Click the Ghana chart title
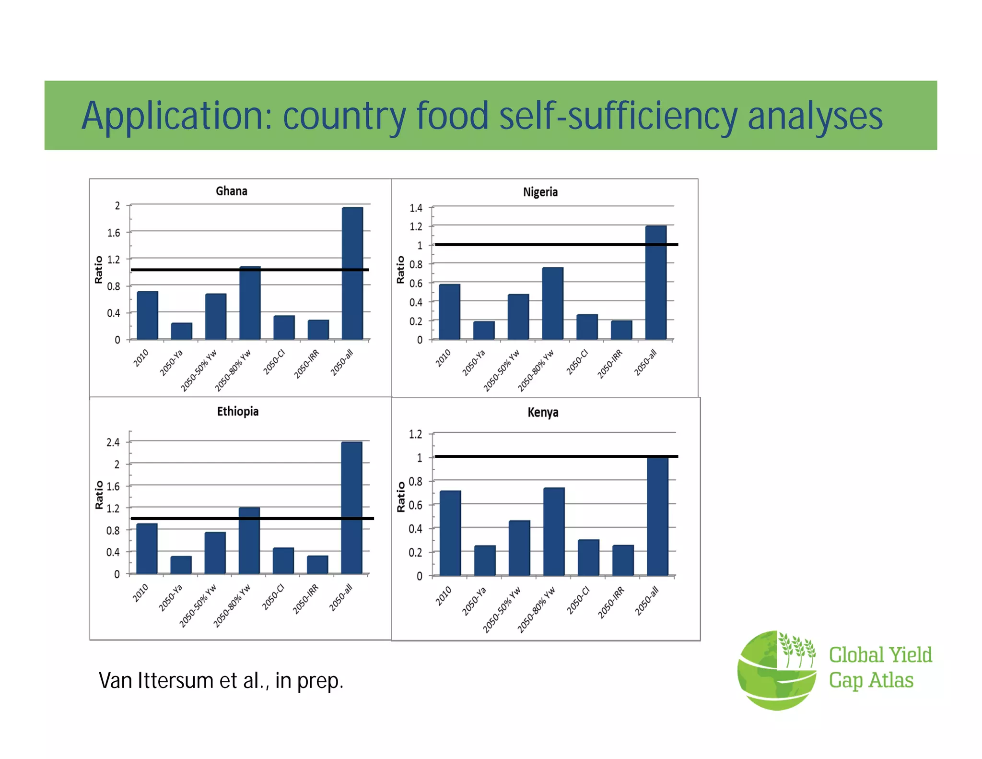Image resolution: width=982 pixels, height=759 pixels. (x=232, y=191)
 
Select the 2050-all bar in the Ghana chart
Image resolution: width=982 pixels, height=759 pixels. (x=352, y=273)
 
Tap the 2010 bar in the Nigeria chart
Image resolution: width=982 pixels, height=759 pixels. (x=449, y=312)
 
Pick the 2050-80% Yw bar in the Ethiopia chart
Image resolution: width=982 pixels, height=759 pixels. (x=249, y=540)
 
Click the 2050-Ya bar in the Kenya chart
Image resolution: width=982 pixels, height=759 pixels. (x=485, y=560)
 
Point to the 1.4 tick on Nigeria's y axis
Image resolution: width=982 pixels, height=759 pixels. (x=416, y=208)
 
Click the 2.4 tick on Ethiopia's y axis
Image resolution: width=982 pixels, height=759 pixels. (x=113, y=442)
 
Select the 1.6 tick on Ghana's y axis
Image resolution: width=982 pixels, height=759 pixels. (x=114, y=233)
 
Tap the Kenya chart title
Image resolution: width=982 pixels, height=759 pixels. (x=543, y=413)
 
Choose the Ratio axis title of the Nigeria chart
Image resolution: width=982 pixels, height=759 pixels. (x=401, y=270)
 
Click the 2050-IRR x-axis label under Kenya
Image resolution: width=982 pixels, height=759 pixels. (x=611, y=603)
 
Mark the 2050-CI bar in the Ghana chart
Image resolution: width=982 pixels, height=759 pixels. (x=284, y=327)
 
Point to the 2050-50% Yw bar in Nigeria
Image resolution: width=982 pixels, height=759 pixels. (x=518, y=317)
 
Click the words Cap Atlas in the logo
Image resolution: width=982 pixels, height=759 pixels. (x=871, y=680)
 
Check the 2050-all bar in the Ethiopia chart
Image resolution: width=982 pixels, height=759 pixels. (x=351, y=508)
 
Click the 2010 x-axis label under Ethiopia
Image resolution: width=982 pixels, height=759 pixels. (x=140, y=593)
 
